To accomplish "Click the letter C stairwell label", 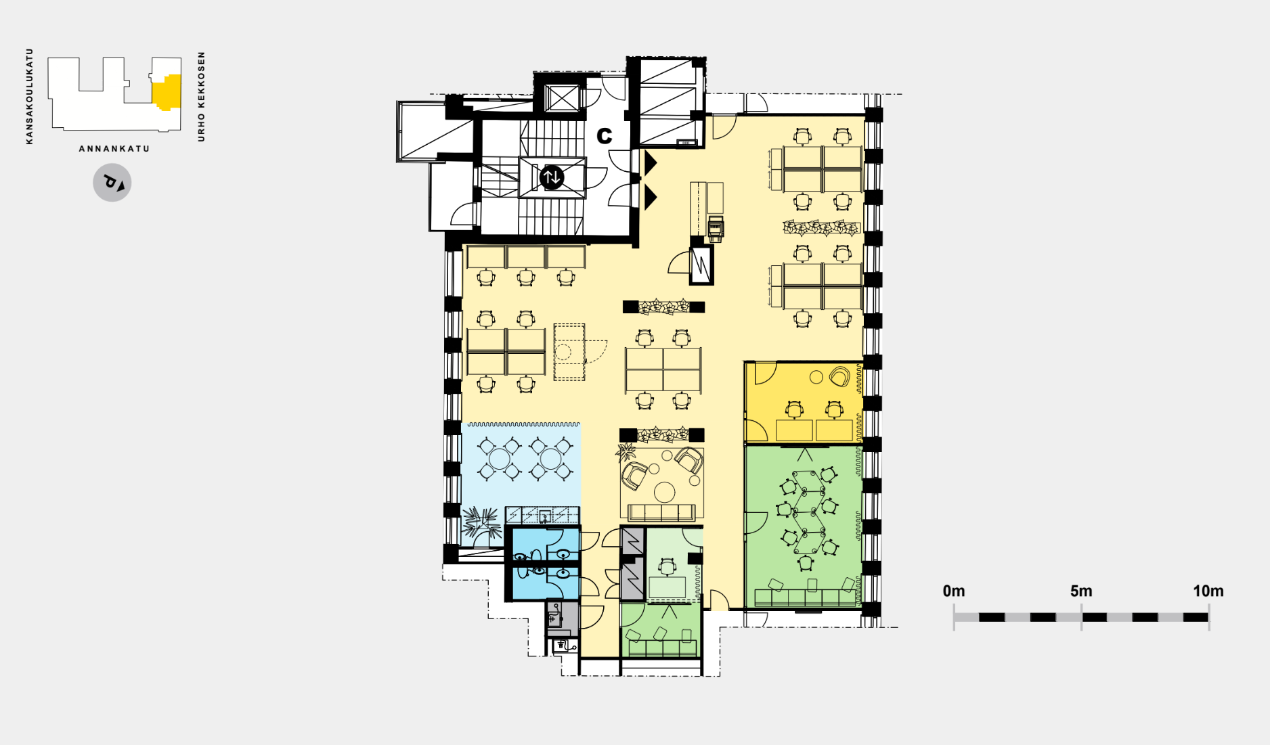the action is coord(604,136).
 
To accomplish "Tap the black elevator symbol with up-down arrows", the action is coord(552,177).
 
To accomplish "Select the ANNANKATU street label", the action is coord(114,149).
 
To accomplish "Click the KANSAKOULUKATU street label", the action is coord(29,96).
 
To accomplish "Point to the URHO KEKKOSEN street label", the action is coord(201,97).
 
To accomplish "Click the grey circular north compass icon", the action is coord(112,183).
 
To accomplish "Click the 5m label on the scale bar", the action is coord(1081,591).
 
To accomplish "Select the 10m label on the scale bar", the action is coord(1208,591).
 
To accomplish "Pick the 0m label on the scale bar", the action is coord(954,591).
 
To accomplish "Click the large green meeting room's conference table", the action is coord(806,512).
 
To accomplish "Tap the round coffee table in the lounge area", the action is coord(665,491).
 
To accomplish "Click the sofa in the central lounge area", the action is coord(661,513).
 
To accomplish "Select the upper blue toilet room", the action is coord(546,545).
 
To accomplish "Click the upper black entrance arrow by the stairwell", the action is coord(651,163).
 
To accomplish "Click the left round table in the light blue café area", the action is coord(500,459).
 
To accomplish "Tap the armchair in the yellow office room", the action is coord(839,377).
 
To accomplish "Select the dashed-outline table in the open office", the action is coord(569,352).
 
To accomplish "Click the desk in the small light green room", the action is coord(667,587).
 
